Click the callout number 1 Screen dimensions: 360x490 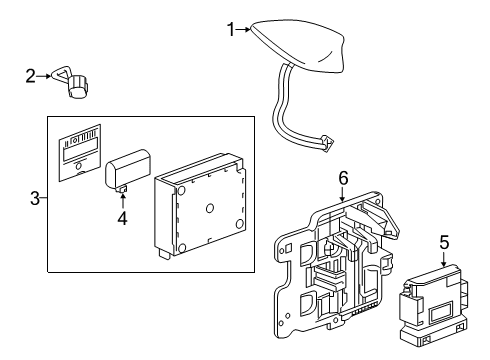230,30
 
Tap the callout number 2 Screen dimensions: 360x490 31,74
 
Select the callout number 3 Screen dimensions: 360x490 35,198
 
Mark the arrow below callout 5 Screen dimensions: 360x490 443,258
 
